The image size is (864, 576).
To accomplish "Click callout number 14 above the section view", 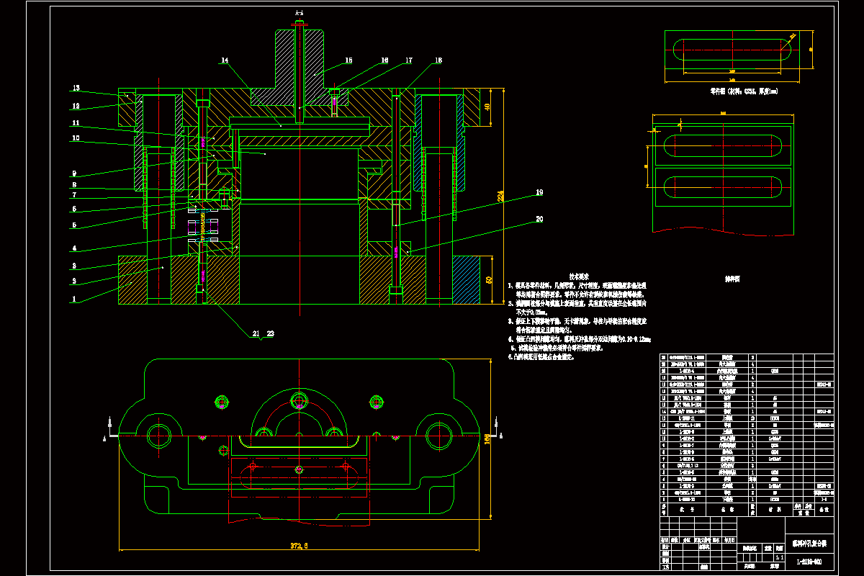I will (x=225, y=61).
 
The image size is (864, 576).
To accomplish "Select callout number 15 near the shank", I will (x=348, y=60).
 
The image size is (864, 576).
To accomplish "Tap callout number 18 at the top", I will (x=438, y=60).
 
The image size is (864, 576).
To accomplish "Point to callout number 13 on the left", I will (x=76, y=89).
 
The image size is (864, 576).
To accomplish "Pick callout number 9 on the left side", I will (x=74, y=173).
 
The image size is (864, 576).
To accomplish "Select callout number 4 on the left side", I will (x=74, y=249).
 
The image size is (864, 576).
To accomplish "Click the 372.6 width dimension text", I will (x=296, y=546).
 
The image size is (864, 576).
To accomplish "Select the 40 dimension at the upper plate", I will (x=486, y=107).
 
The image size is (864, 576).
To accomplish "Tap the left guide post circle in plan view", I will (x=157, y=434).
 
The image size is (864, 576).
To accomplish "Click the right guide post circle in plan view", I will (x=438, y=434).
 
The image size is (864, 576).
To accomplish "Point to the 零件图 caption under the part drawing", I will (x=733, y=91).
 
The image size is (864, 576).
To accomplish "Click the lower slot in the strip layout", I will (x=721, y=186).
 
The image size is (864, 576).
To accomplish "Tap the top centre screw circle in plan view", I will (x=299, y=400).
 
